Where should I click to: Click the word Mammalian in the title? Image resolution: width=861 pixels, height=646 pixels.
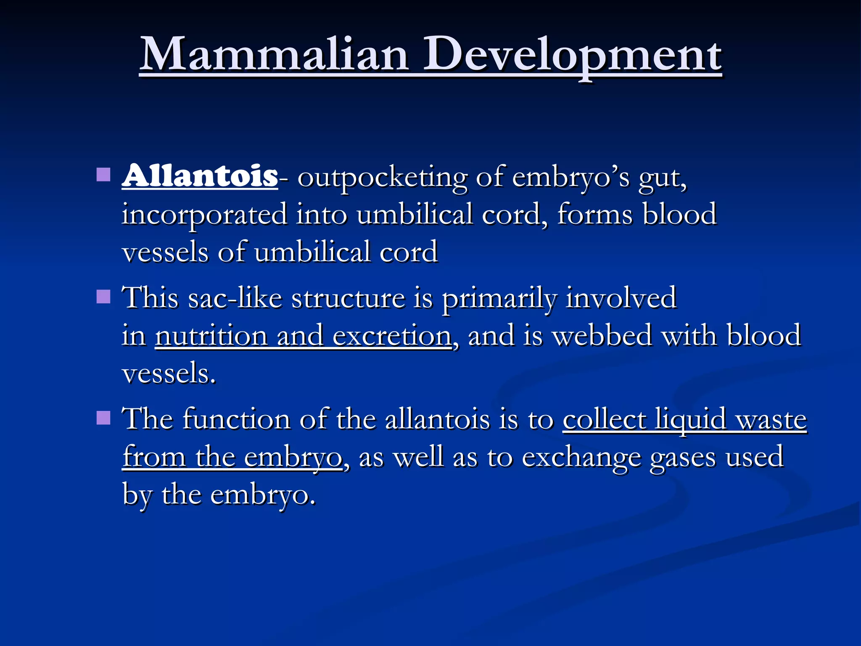pos(274,55)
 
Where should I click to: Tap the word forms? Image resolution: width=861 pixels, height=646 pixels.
pos(595,214)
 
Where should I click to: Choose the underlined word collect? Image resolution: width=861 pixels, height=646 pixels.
pos(604,419)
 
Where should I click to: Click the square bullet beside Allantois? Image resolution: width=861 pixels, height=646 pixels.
pos(103,175)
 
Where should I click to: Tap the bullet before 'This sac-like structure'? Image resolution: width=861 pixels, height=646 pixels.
pos(103,297)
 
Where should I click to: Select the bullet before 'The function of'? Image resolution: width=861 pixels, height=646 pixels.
pos(103,418)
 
